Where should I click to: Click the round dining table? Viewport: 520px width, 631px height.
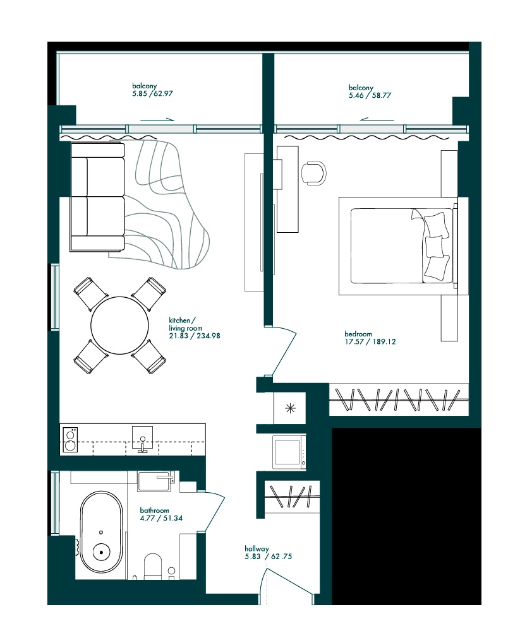pos(120,326)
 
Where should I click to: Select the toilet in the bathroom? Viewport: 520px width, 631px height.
pos(154,565)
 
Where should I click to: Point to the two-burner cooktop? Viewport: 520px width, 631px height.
pos(70,440)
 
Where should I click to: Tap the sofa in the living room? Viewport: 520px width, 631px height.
pos(97,197)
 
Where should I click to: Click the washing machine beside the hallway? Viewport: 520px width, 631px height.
pos(289,452)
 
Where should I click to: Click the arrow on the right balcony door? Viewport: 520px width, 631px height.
pos(377,119)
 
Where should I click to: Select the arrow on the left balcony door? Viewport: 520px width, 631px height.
pos(157,119)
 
